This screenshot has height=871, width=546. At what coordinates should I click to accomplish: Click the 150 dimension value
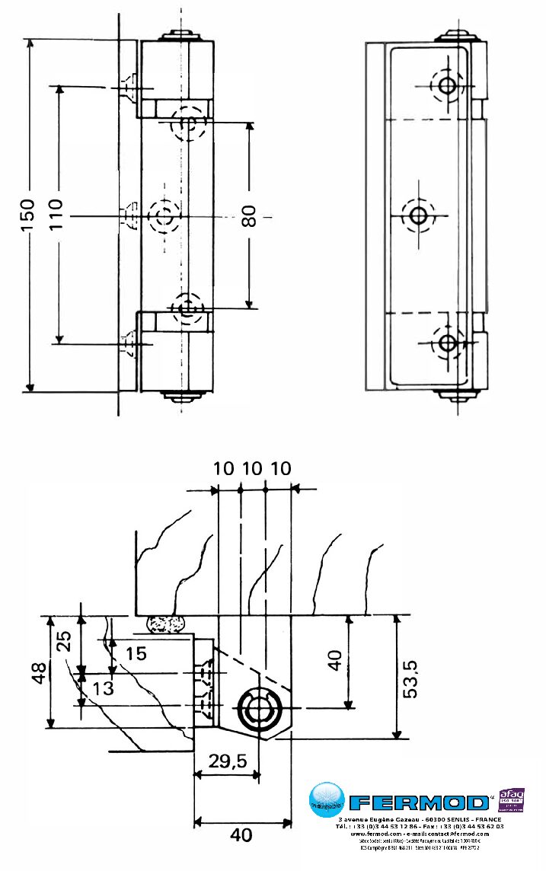[27, 215]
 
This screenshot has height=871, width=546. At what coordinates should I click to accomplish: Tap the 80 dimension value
[248, 216]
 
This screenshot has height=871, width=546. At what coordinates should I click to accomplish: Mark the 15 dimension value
[136, 653]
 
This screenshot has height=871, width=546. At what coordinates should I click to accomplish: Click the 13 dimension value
[104, 689]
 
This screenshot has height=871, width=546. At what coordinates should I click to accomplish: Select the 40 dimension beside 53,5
[335, 661]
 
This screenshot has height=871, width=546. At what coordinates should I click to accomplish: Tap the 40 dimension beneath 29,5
[241, 835]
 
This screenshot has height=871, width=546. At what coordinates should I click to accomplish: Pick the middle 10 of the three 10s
[252, 468]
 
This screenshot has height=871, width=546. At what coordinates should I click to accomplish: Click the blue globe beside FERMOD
[327, 800]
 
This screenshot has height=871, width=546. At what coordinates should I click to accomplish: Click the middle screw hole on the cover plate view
[418, 215]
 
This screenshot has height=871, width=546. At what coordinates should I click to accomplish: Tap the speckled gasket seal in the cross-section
[166, 624]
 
